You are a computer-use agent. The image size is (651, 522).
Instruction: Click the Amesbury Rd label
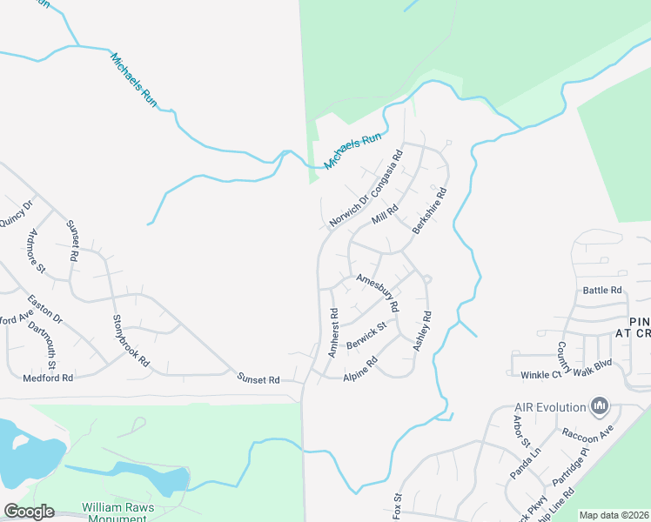coord(377,292)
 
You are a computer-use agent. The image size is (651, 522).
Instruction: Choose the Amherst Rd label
coord(332,331)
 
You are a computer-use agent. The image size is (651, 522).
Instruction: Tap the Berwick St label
coord(366,333)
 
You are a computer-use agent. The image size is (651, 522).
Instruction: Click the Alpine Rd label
coord(360,367)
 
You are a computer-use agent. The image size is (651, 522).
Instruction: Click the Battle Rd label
coord(602,290)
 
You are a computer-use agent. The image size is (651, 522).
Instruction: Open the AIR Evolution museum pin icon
coord(599,405)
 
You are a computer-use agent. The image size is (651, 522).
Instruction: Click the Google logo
coord(29,512)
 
